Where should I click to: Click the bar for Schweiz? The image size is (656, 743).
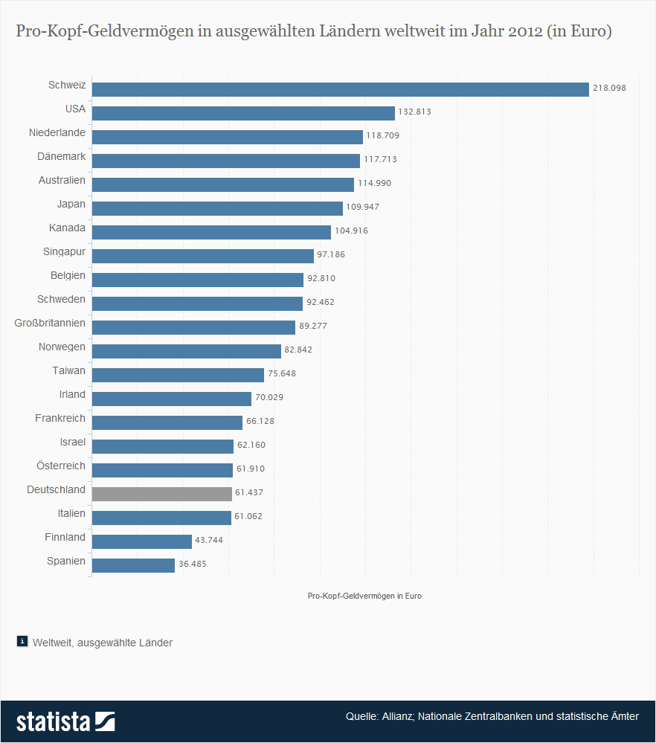[x=340, y=89]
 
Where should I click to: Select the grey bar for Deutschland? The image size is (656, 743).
[x=161, y=494]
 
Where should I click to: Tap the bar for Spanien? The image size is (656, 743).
[x=133, y=565]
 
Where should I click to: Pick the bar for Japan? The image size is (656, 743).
[x=217, y=208]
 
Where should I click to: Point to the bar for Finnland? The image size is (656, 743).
[x=141, y=541]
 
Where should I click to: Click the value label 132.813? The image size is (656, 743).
[x=414, y=112]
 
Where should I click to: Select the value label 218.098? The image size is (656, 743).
[x=609, y=88]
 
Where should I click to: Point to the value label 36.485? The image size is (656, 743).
[x=192, y=564]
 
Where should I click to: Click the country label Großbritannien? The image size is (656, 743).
[x=50, y=324]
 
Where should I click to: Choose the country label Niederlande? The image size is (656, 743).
[x=57, y=133]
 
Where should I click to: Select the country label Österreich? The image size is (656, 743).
[x=61, y=466]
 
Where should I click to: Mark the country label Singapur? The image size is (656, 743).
[x=64, y=252]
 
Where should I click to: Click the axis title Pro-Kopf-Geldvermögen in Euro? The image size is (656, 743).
[x=364, y=596]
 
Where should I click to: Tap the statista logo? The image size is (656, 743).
[x=65, y=721]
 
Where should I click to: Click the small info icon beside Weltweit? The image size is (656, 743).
[x=22, y=641]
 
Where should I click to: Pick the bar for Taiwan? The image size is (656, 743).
[x=178, y=375]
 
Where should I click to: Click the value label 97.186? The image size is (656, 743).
[x=331, y=254]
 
